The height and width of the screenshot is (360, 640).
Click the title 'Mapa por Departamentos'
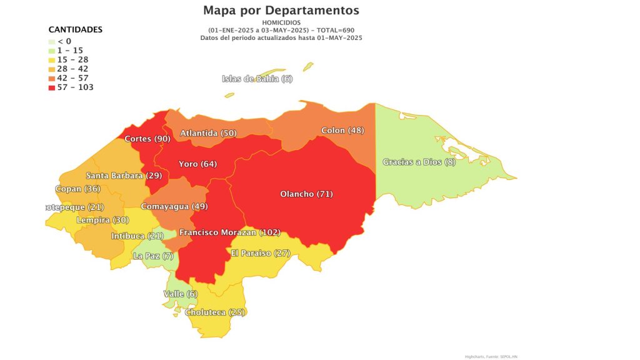click(x=281, y=11)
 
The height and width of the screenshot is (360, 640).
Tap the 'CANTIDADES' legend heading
click(x=76, y=29)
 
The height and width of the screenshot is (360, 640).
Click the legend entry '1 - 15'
click(x=70, y=50)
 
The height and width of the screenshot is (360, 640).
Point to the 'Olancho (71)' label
click(x=306, y=194)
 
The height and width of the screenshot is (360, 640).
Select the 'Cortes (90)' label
click(x=147, y=139)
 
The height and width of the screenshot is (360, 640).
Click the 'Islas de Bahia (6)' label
click(x=257, y=79)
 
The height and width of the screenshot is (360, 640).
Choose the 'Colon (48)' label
click(x=342, y=131)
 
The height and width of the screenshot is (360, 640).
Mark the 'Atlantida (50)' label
click(x=208, y=134)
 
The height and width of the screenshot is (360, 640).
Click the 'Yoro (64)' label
click(x=197, y=164)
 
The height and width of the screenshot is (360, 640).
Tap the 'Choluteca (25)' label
click(x=214, y=312)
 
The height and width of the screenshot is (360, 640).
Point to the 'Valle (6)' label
click(x=180, y=294)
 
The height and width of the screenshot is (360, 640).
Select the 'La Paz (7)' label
click(x=153, y=256)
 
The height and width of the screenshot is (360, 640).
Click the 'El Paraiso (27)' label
click(x=261, y=253)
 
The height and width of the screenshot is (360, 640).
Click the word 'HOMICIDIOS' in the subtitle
click(x=281, y=22)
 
